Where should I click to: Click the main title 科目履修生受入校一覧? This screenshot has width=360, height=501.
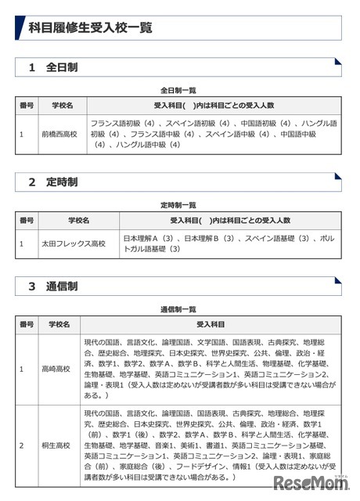[90, 28]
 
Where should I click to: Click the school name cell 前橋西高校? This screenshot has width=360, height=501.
[61, 134]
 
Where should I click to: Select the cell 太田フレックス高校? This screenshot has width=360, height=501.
[73, 243]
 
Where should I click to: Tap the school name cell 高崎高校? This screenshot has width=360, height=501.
[56, 368]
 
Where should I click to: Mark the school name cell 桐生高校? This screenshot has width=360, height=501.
[56, 445]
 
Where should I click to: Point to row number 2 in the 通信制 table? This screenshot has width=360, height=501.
[22, 445]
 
